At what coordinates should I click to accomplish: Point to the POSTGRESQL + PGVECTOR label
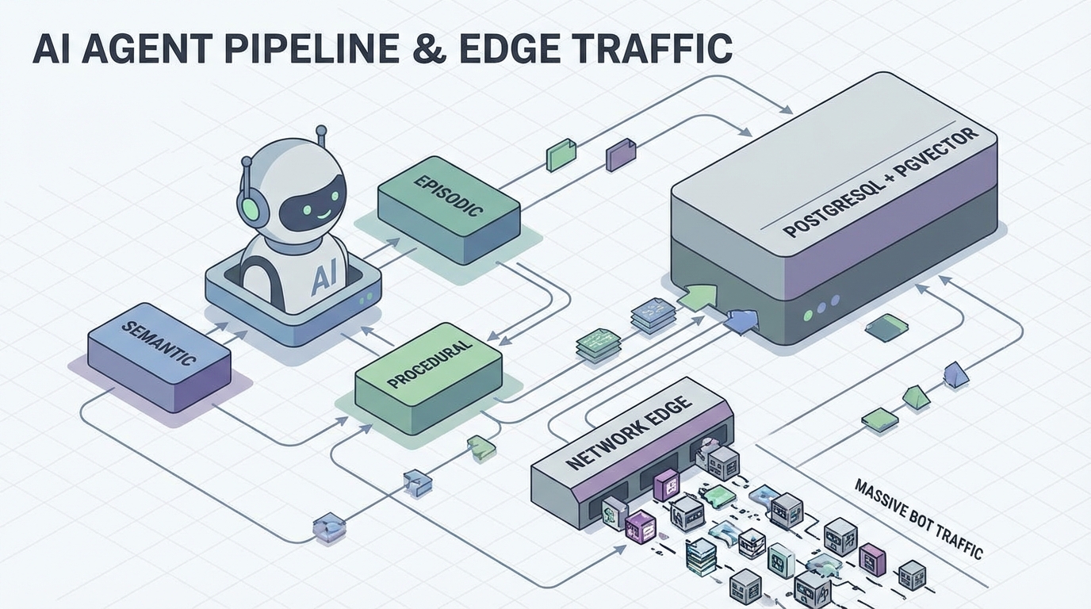[880, 183]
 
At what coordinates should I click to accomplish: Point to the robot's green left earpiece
[251, 209]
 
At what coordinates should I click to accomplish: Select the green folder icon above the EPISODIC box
[561, 154]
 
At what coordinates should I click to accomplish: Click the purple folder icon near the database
[620, 155]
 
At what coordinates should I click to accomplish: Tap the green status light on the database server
[807, 315]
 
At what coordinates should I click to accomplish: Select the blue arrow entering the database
[742, 320]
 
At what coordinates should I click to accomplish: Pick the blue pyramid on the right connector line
[955, 375]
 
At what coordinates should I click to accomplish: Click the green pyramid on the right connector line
[916, 396]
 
